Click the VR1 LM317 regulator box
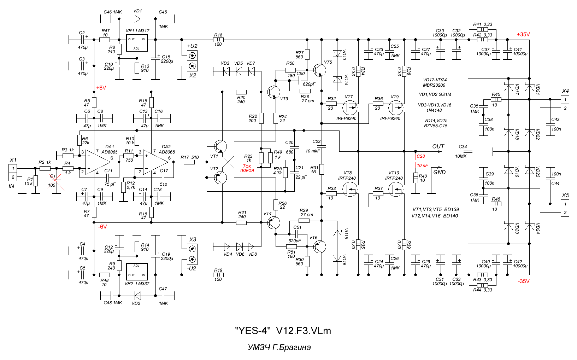coord(137,43)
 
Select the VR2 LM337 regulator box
coord(137,272)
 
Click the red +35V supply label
coord(523,34)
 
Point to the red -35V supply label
coord(524,281)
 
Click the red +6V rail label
coord(101,88)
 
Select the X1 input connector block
coord(13,173)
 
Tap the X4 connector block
coord(565,104)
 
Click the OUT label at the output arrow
coord(438,146)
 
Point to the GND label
coord(440,172)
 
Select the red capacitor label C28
coord(420,156)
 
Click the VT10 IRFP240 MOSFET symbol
coord(396,190)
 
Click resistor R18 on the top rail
coord(218,40)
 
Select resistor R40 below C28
coord(416,178)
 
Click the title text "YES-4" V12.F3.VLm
coord(283,331)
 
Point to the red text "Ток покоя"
coord(247,168)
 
